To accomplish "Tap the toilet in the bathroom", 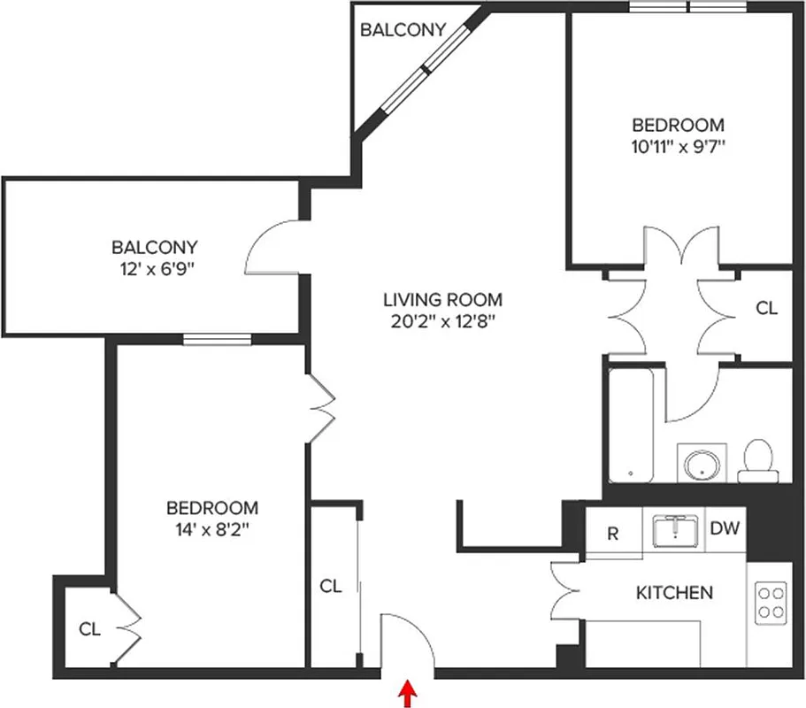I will tap(756, 460).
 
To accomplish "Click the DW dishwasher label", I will tap(725, 530).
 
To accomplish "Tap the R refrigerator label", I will tap(612, 534).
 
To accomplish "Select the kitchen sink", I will tap(674, 532).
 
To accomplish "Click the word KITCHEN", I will tap(674, 592).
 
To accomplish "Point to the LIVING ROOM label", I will tap(442, 299).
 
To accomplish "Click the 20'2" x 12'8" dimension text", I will tap(442, 321).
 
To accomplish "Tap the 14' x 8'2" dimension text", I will tap(212, 530).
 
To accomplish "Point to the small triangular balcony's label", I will tap(402, 30).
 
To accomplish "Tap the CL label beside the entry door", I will tap(331, 586).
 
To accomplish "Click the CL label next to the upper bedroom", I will tap(766, 308).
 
